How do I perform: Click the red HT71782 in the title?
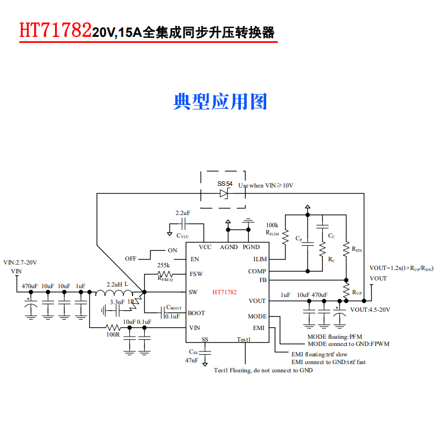(55, 31)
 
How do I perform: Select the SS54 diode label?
(226, 183)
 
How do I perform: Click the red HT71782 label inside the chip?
(224, 292)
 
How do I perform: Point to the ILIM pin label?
(260, 259)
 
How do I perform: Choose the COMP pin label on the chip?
(257, 271)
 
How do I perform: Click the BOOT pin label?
(196, 313)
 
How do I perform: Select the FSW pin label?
(196, 274)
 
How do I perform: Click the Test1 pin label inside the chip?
(244, 339)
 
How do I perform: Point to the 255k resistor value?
(163, 265)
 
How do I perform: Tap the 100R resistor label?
(113, 334)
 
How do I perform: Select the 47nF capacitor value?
(191, 360)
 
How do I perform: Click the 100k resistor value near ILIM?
(272, 226)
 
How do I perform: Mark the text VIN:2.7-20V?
(20, 262)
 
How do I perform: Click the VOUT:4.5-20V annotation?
(370, 310)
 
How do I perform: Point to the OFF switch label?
(130, 258)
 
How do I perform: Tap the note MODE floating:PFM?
(334, 336)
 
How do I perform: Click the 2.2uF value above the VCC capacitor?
(183, 213)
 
